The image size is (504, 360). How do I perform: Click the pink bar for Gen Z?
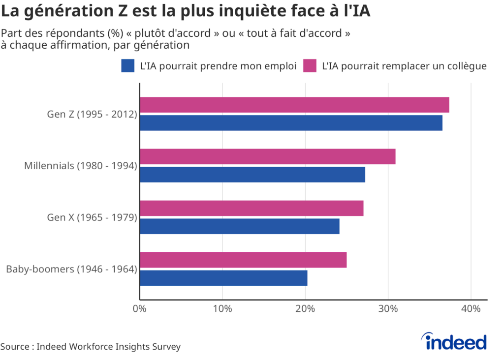pos(294,105)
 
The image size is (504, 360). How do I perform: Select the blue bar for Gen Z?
pos(291,123)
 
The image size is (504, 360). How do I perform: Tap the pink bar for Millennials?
pos(267,157)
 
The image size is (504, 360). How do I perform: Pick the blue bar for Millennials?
pos(252,175)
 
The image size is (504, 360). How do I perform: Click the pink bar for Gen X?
pos(252,209)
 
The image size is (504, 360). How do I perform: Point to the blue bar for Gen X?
pos(240,226)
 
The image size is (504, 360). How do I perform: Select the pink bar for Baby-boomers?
pos(243,260)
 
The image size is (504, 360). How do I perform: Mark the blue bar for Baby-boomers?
pos(223,278)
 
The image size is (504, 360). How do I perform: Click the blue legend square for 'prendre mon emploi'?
pos(128,66)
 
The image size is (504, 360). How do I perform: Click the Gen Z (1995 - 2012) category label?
pos(92,114)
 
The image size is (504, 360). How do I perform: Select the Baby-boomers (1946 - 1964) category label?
pos(71,269)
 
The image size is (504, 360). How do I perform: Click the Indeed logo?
pos(453,341)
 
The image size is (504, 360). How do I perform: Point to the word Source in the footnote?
pos(14,347)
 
